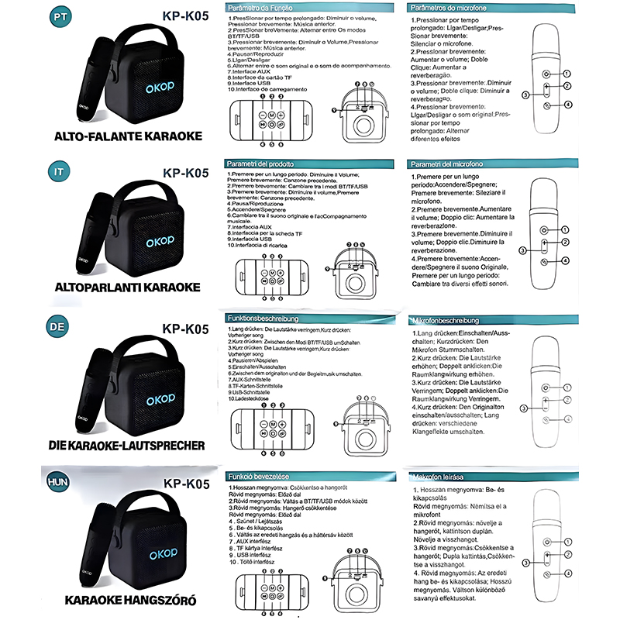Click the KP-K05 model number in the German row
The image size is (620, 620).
pos(187,329)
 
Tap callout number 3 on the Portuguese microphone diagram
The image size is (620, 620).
pos(525,95)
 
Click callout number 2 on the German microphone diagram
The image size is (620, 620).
pos(567,401)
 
